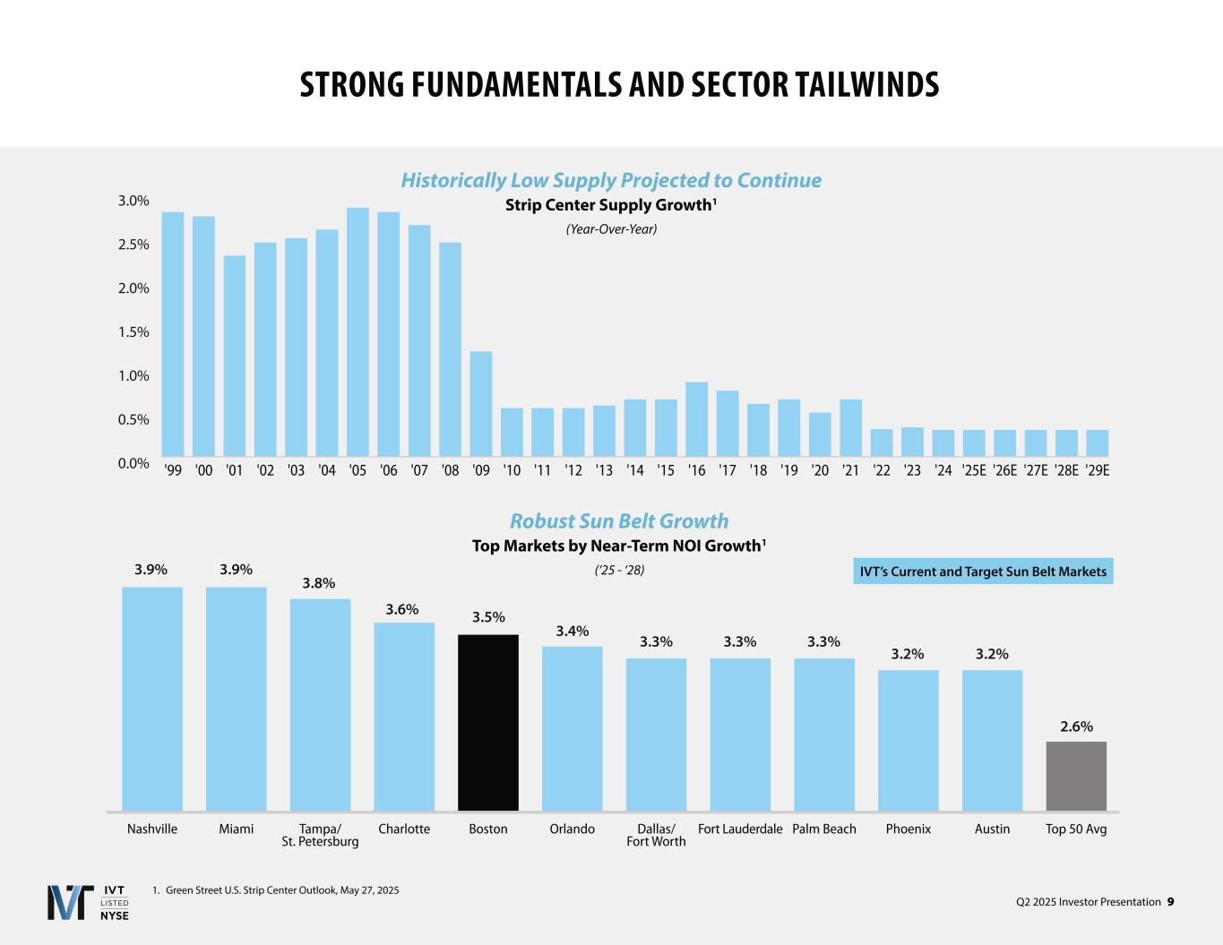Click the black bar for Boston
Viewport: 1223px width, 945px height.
[488, 722]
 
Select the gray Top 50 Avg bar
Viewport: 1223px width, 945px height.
[1076, 776]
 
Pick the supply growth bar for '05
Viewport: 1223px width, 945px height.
[357, 331]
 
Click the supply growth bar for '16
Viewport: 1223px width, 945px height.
[696, 418]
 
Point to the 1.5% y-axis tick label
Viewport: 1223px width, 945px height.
[133, 331]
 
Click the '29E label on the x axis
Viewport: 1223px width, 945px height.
[1098, 470]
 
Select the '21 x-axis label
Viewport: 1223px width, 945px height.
[850, 470]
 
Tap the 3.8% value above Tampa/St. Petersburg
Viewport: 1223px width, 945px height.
[318, 583]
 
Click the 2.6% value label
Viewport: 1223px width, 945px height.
[1076, 726]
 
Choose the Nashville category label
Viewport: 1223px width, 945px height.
[152, 829]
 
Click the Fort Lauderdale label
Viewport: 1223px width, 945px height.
[740, 829]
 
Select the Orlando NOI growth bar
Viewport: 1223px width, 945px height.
[573, 728]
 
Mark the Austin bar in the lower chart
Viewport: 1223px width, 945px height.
[992, 740]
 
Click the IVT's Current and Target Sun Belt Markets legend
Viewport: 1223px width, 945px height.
[983, 571]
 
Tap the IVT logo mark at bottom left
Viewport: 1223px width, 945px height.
[70, 902]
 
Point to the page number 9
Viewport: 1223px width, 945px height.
[1170, 902]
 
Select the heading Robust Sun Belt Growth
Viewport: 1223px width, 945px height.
[619, 521]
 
